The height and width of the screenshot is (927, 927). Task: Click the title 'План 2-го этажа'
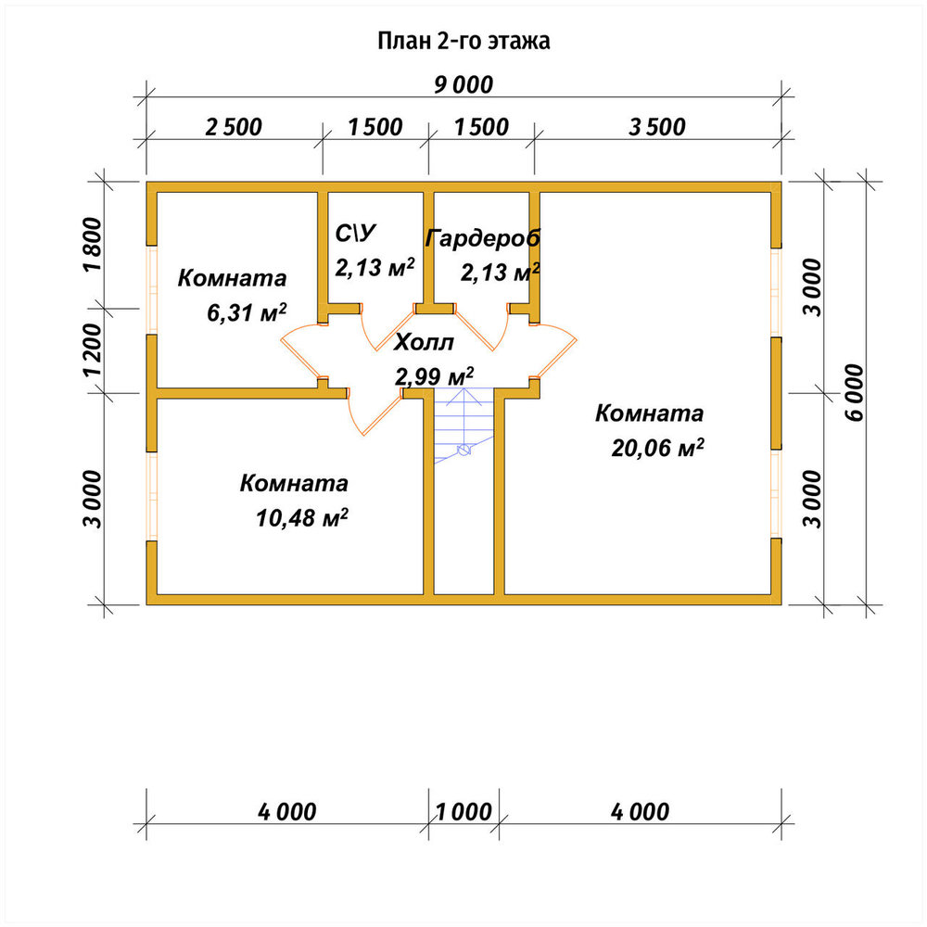[x=463, y=41]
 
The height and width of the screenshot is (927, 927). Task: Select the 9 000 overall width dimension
[x=463, y=85]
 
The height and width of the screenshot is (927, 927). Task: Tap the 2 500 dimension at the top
[x=234, y=127]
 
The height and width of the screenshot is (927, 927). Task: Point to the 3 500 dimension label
[x=657, y=127]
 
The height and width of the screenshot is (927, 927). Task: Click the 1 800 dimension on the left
[x=93, y=244]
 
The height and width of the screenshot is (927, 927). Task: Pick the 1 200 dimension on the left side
[x=93, y=349]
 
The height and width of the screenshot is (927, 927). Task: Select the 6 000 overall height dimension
[x=855, y=392]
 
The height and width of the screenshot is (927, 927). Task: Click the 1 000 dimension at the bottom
[x=463, y=812]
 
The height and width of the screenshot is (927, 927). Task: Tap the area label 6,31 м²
[x=248, y=312]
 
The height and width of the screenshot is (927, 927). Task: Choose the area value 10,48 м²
[x=301, y=518]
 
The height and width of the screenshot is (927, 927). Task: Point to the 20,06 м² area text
[x=657, y=448]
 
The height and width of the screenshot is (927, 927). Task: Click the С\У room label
[x=355, y=234]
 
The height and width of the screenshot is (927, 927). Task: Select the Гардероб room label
[x=483, y=237]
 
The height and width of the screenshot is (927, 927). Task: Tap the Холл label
[x=424, y=342]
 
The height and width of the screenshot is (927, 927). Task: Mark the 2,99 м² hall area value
[x=435, y=376]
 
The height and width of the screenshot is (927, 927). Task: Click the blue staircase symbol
[x=464, y=425]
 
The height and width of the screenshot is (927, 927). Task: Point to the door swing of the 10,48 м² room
[x=368, y=421]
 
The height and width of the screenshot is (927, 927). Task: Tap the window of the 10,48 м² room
[x=152, y=496]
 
